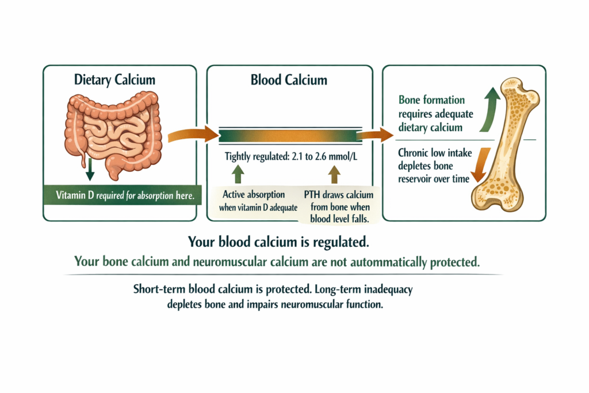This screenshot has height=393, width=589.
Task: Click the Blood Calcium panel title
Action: [289, 80]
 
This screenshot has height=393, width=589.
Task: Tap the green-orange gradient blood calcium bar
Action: [290, 137]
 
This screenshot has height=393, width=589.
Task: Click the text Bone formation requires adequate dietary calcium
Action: [431, 113]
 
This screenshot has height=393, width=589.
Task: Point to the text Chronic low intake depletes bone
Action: [435, 159]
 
